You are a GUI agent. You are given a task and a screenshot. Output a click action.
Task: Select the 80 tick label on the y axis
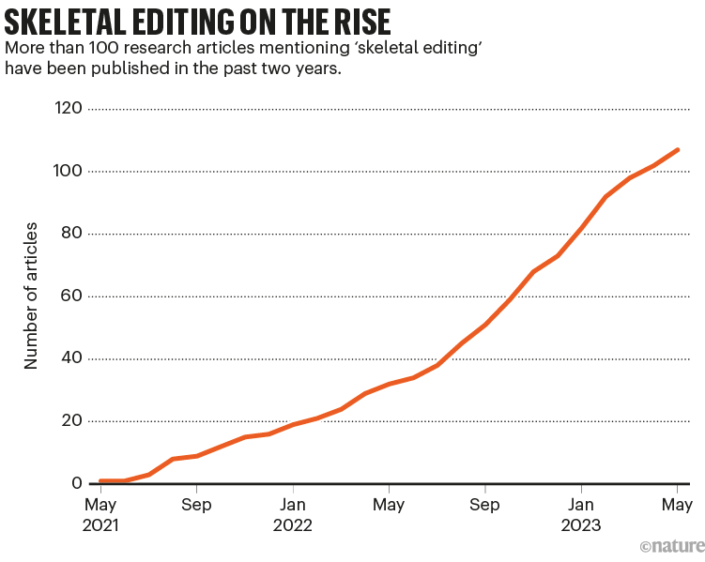tap(74, 234)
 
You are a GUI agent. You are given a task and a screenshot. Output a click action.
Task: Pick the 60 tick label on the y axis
tap(74, 296)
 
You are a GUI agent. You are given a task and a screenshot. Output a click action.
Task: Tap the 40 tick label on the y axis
tap(74, 358)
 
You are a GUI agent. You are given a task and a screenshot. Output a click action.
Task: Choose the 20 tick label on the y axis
tap(74, 421)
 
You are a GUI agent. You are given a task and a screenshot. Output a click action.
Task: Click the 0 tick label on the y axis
tap(79, 483)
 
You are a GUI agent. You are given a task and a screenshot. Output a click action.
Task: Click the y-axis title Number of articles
tap(31, 296)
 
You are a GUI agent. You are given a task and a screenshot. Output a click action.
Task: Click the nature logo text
tap(678, 546)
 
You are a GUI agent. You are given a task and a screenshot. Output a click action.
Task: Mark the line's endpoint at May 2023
tap(678, 149)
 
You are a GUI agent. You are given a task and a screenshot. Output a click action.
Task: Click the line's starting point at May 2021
tap(100, 480)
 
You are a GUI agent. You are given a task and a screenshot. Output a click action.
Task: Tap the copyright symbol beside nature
tap(645, 546)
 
